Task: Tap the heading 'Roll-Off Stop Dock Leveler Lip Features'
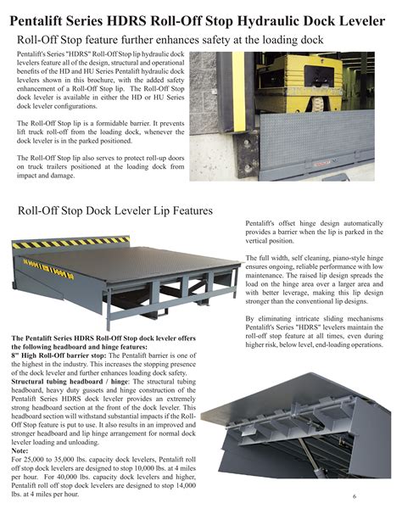(x=127, y=210)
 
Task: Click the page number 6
(x=377, y=496)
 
